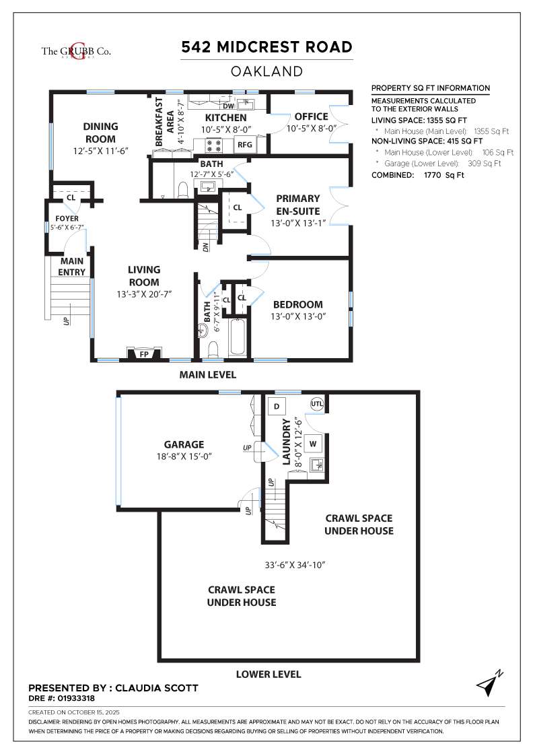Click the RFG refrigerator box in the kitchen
[x=245, y=144]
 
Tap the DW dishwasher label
[x=228, y=106]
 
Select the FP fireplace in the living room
[x=144, y=354]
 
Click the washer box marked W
[x=313, y=444]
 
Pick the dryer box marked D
[x=277, y=407]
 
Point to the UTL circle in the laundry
[x=317, y=404]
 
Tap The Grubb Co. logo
[x=76, y=51]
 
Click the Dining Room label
[x=100, y=133]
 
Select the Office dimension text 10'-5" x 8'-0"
[x=312, y=129]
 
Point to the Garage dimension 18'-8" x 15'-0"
[x=184, y=456]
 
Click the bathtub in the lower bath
[x=238, y=337]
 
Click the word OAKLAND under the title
[x=266, y=71]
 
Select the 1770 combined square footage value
[x=433, y=175]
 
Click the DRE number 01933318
[x=76, y=698]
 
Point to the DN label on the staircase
[x=206, y=246]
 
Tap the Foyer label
[x=67, y=218]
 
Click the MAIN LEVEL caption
[x=208, y=374]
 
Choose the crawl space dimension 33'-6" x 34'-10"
[x=295, y=565]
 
